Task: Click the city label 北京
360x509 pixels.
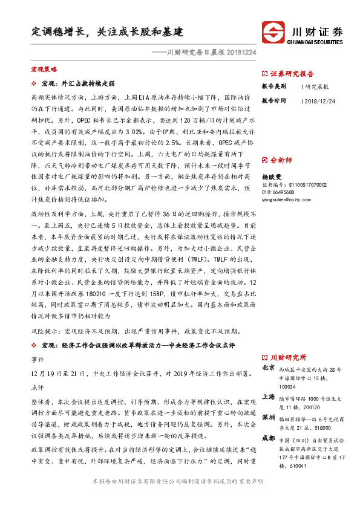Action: (x=268, y=368)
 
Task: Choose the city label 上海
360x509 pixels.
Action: (x=268, y=397)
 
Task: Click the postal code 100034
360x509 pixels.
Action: (x=287, y=387)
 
